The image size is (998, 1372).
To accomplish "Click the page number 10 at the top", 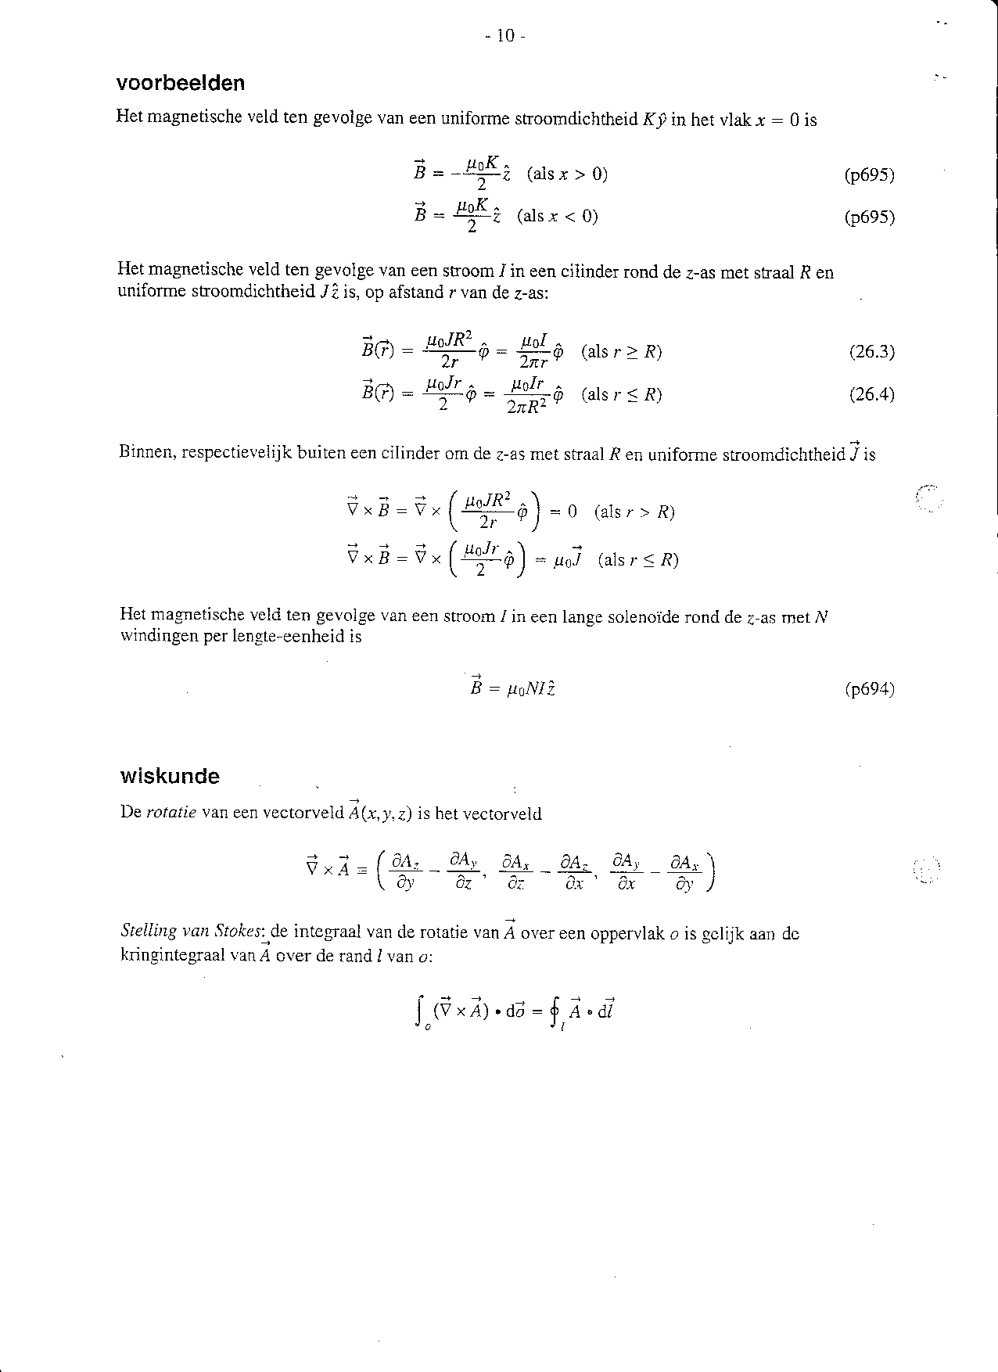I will pyautogui.click(x=504, y=35).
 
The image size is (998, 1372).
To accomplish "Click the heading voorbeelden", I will pyautogui.click(x=181, y=84).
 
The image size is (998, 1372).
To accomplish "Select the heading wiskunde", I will pyautogui.click(x=170, y=776).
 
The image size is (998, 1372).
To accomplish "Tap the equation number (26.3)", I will pyautogui.click(x=871, y=352).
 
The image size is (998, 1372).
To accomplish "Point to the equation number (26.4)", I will pyautogui.click(x=871, y=394).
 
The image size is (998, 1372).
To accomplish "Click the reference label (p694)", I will pyautogui.click(x=869, y=689).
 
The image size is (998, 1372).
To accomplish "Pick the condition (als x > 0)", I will pyautogui.click(x=568, y=174).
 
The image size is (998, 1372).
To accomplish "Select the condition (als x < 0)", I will pyautogui.click(x=558, y=216).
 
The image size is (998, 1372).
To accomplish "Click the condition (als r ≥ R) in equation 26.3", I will pyautogui.click(x=622, y=352).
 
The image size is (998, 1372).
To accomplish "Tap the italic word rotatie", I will pyautogui.click(x=171, y=813).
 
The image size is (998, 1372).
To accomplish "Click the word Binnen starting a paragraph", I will pyautogui.click(x=146, y=453).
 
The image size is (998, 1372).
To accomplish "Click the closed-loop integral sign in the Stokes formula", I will pyautogui.click(x=555, y=1012).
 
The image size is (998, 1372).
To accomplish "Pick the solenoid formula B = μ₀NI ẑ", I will pyautogui.click(x=512, y=689).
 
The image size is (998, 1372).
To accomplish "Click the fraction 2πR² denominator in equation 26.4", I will pyautogui.click(x=527, y=407).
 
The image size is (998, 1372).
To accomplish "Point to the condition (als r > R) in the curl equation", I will pyautogui.click(x=634, y=512).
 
